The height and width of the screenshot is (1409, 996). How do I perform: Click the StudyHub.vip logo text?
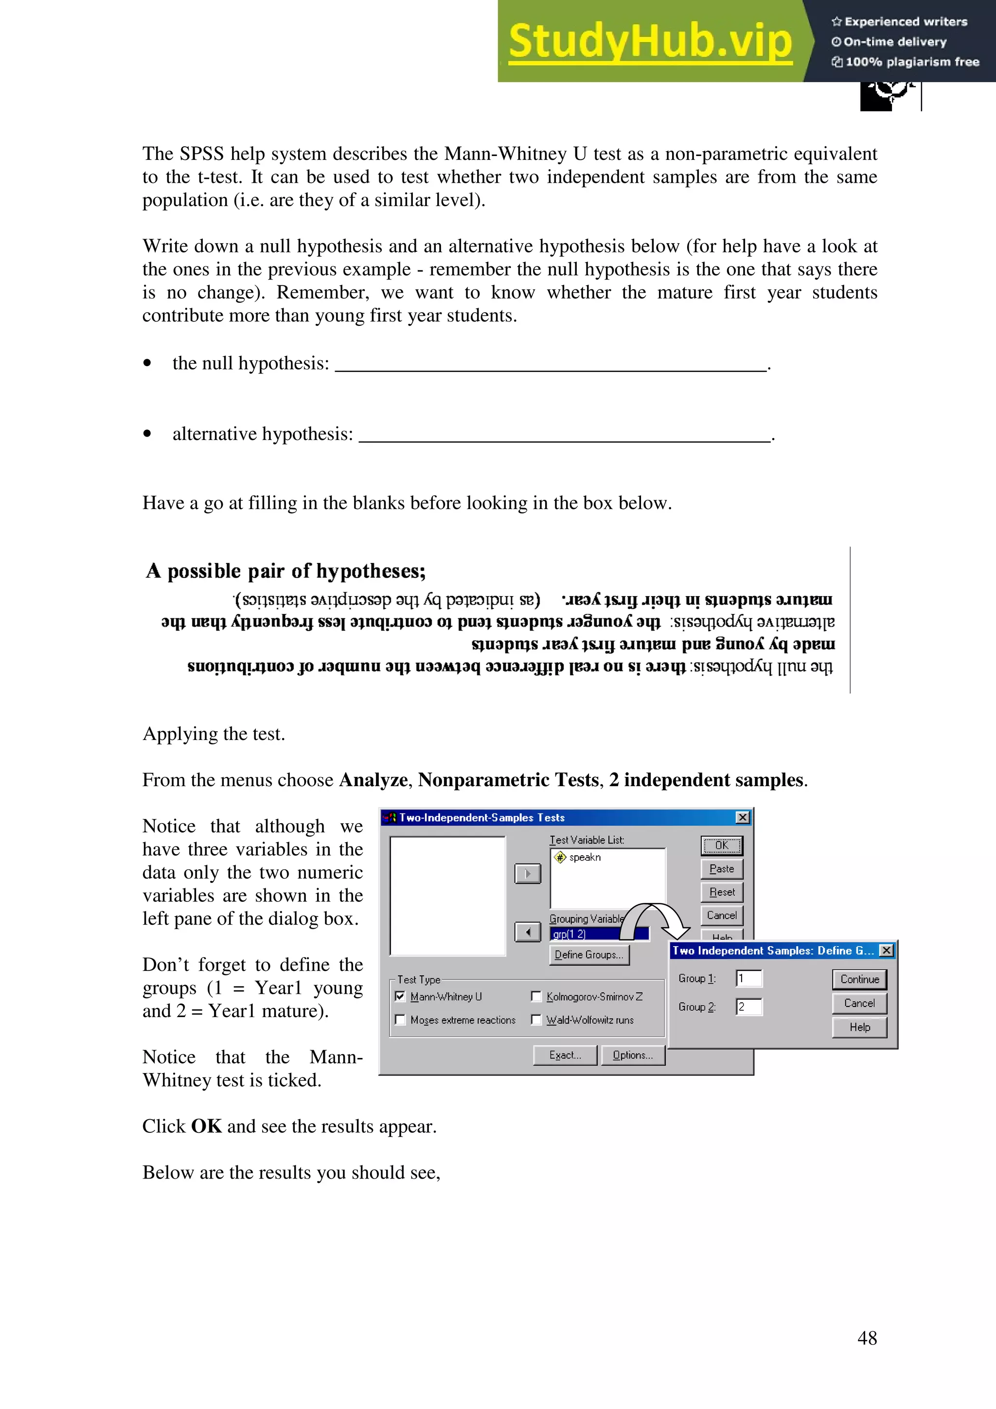tap(651, 41)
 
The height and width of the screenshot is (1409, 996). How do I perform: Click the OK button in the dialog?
tap(722, 845)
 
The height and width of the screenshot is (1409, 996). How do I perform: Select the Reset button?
tap(722, 892)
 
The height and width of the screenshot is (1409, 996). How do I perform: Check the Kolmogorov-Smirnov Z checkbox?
tap(536, 997)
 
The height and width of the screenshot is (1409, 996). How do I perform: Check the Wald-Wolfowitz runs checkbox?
tap(536, 1020)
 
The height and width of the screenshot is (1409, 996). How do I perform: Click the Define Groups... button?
tap(589, 955)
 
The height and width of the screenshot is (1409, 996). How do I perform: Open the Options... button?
tap(633, 1056)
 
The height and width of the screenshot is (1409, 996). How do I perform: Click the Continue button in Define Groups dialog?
tap(859, 979)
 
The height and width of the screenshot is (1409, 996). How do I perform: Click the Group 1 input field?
tap(748, 979)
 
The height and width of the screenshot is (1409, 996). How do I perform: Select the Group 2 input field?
tap(748, 1007)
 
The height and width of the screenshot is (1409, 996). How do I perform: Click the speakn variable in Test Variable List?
tap(584, 857)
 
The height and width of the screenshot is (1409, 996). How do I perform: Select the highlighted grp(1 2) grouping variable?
tap(583, 934)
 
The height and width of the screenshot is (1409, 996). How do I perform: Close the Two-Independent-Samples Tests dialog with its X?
tap(743, 817)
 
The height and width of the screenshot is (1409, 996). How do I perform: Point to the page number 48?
tap(867, 1338)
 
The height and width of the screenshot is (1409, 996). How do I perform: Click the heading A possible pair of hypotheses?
tap(286, 571)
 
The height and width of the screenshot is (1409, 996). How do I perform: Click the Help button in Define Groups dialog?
tap(859, 1027)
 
